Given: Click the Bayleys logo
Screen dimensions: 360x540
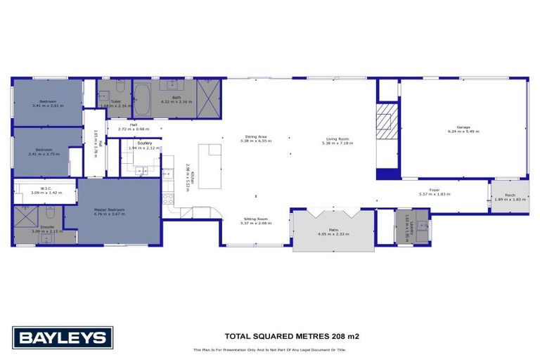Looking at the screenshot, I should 62,337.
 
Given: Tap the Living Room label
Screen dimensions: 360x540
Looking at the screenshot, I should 337,141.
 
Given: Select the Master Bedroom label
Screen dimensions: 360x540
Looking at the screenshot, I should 110,211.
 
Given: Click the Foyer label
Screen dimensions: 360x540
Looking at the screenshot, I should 434,191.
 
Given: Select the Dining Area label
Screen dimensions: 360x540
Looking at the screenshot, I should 255,139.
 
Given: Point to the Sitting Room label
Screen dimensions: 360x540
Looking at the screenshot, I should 255,221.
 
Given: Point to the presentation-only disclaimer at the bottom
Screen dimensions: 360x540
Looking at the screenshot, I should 269,350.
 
